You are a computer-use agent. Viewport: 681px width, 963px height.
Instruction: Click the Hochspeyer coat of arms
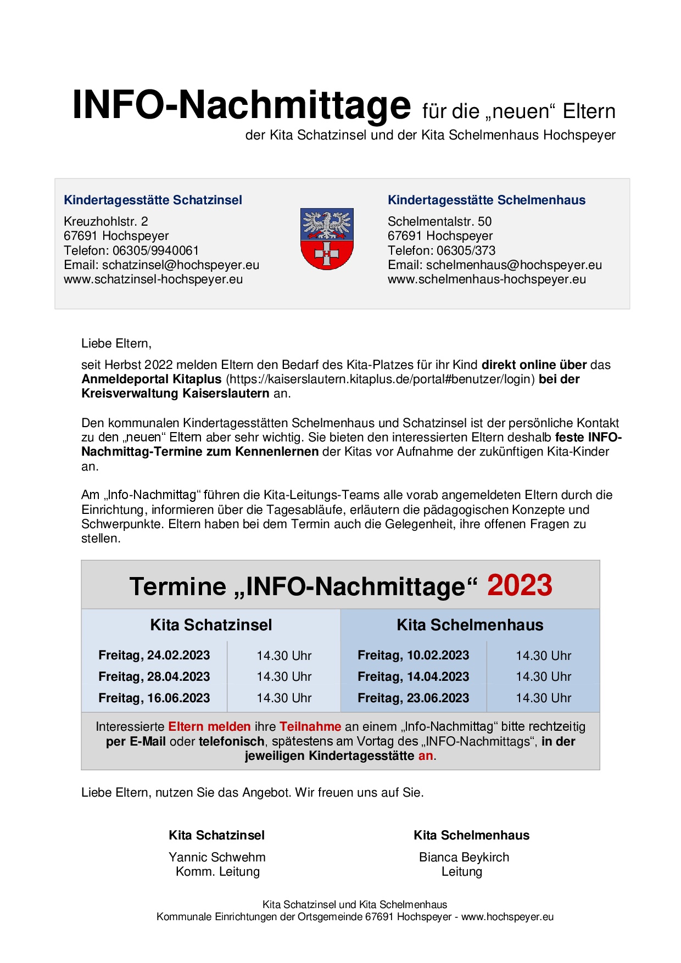point(327,239)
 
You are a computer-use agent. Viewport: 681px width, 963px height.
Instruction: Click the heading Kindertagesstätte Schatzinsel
point(153,200)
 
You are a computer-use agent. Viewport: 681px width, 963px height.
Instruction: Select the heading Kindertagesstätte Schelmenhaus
point(486,200)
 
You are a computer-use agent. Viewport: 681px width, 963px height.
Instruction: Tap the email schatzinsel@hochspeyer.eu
point(181,265)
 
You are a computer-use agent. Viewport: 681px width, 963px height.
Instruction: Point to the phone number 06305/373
point(466,251)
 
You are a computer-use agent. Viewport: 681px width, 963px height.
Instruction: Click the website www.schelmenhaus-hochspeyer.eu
point(487,279)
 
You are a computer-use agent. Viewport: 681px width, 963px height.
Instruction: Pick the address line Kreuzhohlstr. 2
point(106,222)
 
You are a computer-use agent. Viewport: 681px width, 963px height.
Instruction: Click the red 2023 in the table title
point(519,585)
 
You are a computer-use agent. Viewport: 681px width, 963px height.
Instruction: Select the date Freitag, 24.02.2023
point(154,656)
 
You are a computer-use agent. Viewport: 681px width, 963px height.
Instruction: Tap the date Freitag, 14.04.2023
point(414,677)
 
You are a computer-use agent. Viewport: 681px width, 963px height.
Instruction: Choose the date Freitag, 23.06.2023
point(414,698)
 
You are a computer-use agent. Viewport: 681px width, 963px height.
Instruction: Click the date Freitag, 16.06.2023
point(154,698)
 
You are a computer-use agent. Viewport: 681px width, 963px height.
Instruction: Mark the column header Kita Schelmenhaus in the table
point(470,625)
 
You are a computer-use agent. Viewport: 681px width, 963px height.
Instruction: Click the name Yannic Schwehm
point(217,857)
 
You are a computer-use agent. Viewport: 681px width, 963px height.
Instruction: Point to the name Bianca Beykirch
point(464,857)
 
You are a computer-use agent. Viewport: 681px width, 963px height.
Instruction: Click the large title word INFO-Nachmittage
point(241,105)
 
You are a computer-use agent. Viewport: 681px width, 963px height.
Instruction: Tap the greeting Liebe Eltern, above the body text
point(116,344)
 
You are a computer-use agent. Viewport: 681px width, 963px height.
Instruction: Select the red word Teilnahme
point(310,727)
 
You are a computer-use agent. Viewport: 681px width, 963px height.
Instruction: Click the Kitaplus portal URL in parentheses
point(380,379)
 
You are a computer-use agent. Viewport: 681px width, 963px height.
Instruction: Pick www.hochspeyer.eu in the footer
point(507,917)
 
